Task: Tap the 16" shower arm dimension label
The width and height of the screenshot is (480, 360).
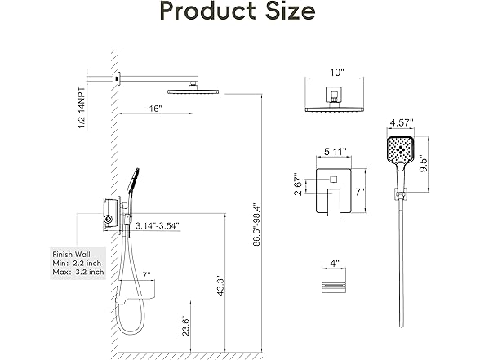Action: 157,109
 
